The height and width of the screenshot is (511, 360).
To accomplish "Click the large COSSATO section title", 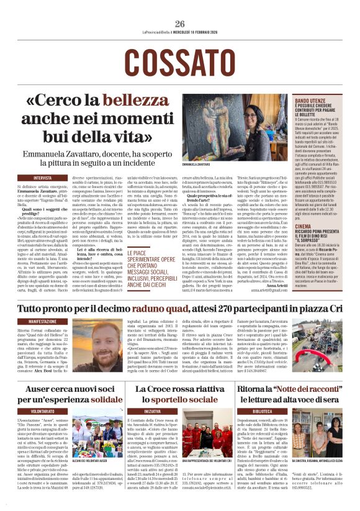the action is [179, 61].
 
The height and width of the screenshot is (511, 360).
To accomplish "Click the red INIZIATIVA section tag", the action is [153, 411].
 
